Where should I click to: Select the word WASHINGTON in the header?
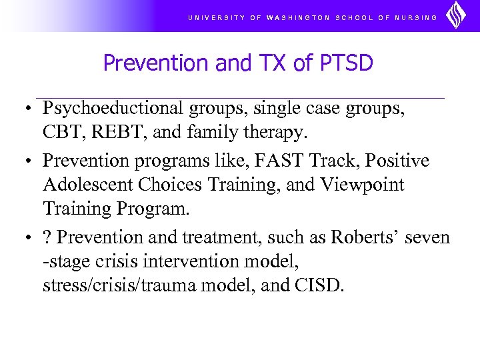point(297,18)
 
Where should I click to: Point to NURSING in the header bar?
point(416,18)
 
